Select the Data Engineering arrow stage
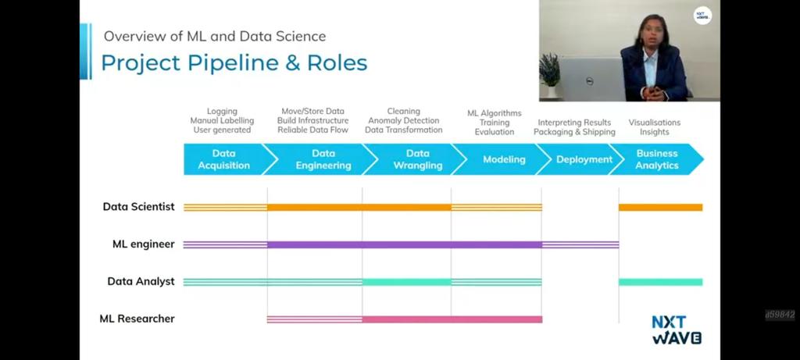pyautogui.click(x=323, y=159)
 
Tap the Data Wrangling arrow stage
pyautogui.click(x=417, y=159)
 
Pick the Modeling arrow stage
pyautogui.click(x=504, y=159)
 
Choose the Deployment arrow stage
pyautogui.click(x=584, y=159)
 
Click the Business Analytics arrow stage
pyautogui.click(x=657, y=159)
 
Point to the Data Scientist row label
pyautogui.click(x=139, y=207)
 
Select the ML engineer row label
pyautogui.click(x=144, y=244)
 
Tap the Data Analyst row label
pyautogui.click(x=141, y=281)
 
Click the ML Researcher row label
pyautogui.click(x=137, y=319)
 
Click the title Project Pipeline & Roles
pyautogui.click(x=234, y=62)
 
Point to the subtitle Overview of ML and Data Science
pyautogui.click(x=215, y=36)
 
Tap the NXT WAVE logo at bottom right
pyautogui.click(x=676, y=330)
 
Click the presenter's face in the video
pyautogui.click(x=650, y=32)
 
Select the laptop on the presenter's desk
pyautogui.click(x=591, y=78)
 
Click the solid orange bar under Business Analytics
pyautogui.click(x=660, y=207)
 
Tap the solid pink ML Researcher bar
pyautogui.click(x=452, y=319)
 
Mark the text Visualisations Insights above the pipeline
pyautogui.click(x=655, y=127)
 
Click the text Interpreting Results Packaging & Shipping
pyautogui.click(x=575, y=127)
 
